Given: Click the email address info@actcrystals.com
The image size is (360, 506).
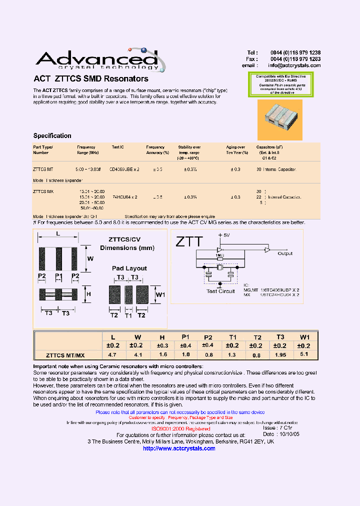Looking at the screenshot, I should (x=294, y=65).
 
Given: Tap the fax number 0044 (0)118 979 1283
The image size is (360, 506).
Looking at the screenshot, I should (x=295, y=59).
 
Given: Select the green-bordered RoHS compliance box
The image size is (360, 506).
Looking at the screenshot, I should (x=281, y=84).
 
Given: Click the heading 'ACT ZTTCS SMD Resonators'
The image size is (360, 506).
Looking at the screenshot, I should (x=90, y=79).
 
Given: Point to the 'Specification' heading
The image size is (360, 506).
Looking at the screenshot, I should (x=52, y=136).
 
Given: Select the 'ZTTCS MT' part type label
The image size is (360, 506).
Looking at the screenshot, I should (x=43, y=169).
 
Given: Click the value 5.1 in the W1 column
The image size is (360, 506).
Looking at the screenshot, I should (x=304, y=354).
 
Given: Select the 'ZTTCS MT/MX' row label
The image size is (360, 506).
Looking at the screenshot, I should (x=65, y=355).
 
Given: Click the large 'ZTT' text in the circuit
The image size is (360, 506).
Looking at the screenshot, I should (x=189, y=242).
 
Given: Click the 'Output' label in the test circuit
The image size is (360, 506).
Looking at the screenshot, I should (x=285, y=253).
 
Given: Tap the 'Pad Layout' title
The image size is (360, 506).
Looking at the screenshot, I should (x=129, y=268).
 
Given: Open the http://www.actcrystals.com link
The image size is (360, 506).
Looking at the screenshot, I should (x=179, y=448).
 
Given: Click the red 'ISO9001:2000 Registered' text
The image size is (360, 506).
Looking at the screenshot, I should (x=180, y=429).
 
